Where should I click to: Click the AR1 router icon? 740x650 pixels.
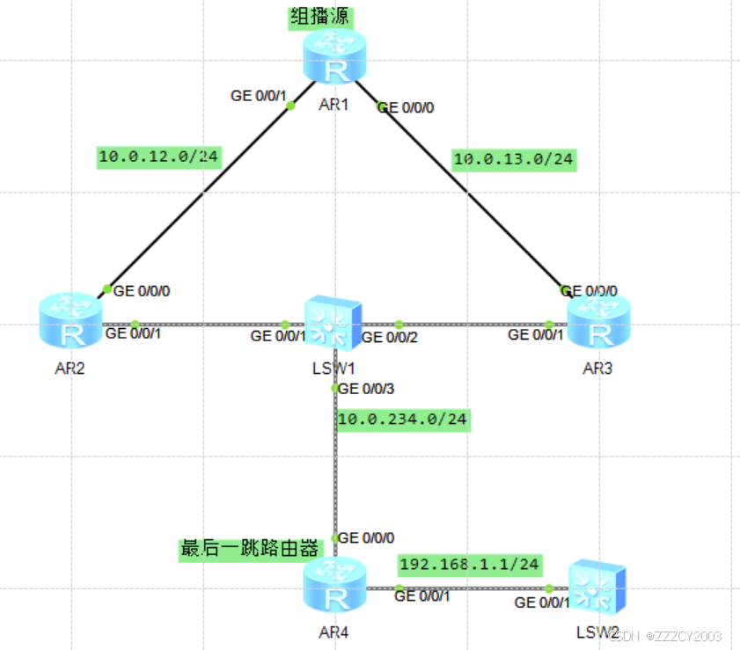(x=333, y=57)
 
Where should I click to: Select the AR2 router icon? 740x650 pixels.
(x=70, y=323)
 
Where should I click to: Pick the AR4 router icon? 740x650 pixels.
(x=334, y=587)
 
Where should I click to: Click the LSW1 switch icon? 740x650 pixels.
(x=333, y=323)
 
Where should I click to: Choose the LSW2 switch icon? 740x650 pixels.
(x=597, y=587)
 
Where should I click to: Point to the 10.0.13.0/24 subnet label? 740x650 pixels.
(x=514, y=159)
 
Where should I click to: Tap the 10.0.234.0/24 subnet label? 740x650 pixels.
(x=403, y=419)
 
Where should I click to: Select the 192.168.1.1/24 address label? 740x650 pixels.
(x=470, y=563)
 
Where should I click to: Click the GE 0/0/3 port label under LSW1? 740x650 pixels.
(x=367, y=388)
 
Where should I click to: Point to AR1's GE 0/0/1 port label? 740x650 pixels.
(x=259, y=96)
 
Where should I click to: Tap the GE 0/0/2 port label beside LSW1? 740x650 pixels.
(x=391, y=336)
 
